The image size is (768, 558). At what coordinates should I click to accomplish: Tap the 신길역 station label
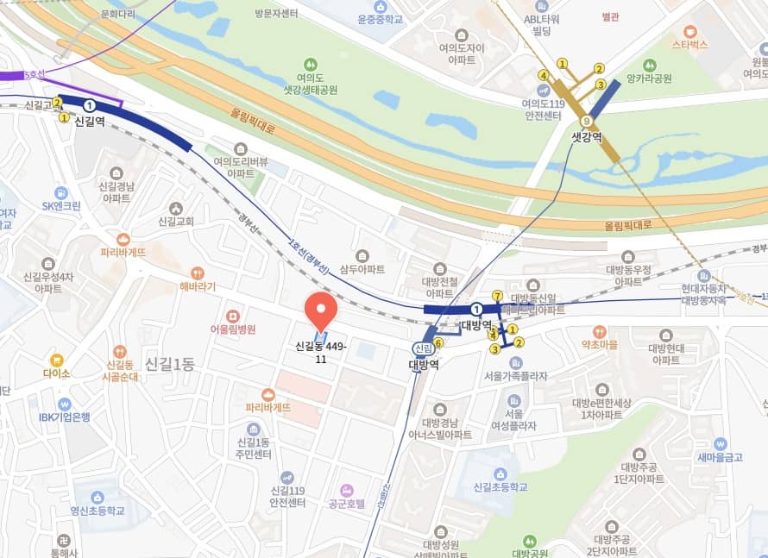coord(89,122)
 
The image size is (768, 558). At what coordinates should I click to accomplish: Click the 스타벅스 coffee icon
coord(689,30)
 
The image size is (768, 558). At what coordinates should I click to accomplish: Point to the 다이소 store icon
coord(56,360)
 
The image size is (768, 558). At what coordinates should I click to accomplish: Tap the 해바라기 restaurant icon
coord(198,273)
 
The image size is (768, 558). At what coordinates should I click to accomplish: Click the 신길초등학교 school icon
coord(500,473)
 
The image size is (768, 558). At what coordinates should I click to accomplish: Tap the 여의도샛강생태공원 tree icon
coord(310,64)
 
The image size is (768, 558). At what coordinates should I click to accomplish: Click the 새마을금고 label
coord(719,457)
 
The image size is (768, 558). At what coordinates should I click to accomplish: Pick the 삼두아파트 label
coord(362,269)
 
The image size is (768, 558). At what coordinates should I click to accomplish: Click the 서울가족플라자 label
coord(516,376)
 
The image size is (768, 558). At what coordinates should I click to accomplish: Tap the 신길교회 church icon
coord(176,208)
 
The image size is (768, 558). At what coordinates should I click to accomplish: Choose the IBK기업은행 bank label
coord(64,417)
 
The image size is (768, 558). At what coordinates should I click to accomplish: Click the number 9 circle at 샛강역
coord(587,121)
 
